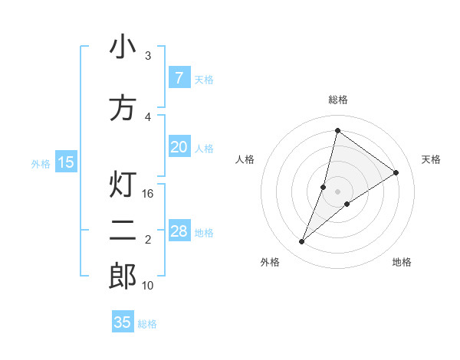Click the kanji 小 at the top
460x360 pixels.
tap(123, 47)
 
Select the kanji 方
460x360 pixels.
tap(123, 108)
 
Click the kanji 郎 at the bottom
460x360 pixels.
tap(123, 277)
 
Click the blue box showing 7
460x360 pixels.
tap(179, 78)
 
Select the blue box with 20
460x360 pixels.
tap(179, 147)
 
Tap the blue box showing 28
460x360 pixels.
tap(179, 231)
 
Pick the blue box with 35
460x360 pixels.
tap(123, 322)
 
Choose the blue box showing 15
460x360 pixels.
tap(66, 162)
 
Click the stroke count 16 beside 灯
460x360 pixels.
tap(149, 194)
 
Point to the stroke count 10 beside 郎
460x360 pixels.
tap(149, 286)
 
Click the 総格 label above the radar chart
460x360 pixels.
tap(337, 100)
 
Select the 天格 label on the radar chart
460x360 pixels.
tap(432, 159)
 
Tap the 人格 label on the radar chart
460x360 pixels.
tap(245, 159)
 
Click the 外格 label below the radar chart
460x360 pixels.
tap(270, 263)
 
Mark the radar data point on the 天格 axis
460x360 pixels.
tap(396, 172)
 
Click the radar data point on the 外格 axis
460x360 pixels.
tap(302, 242)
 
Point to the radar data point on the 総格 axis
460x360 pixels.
tap(337, 130)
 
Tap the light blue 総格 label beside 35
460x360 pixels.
tap(147, 324)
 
